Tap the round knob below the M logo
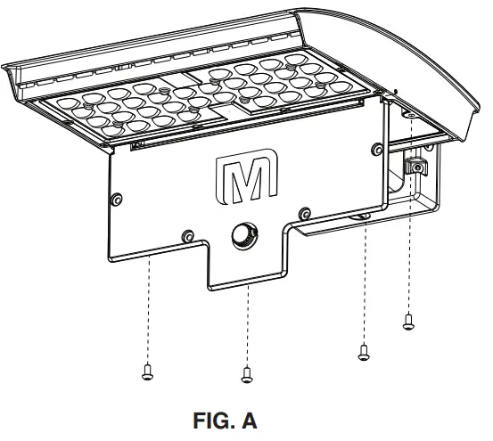click(x=242, y=235)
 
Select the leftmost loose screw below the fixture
click(x=148, y=373)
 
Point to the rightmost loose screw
click(x=408, y=322)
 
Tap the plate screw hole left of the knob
click(x=188, y=235)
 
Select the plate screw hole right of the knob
click(x=305, y=212)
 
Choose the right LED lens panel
click(x=276, y=85)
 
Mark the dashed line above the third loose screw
click(x=364, y=285)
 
